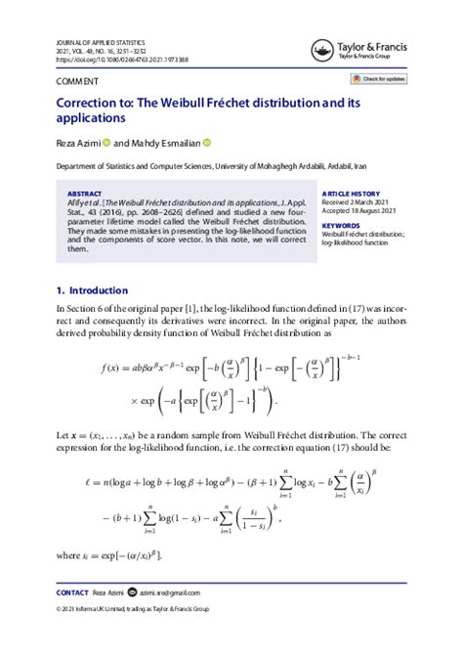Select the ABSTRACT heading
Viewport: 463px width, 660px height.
(84, 195)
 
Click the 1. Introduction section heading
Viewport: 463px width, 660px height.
(92, 290)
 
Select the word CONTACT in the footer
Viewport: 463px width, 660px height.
(73, 593)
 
